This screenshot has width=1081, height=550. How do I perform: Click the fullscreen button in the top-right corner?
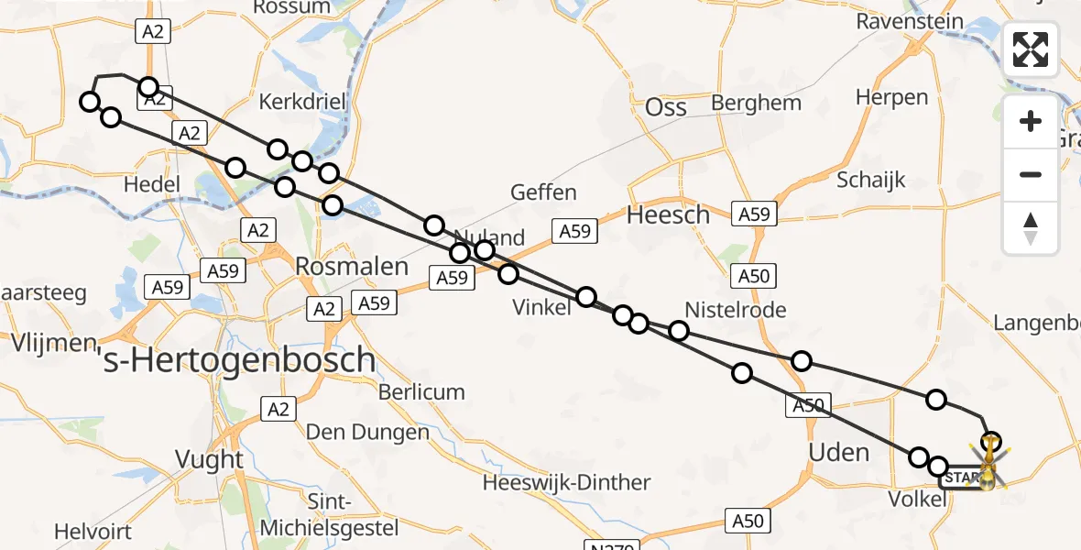click(1031, 49)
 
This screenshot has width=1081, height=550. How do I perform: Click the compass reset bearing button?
click(1031, 227)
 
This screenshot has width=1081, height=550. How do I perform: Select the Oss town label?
click(666, 107)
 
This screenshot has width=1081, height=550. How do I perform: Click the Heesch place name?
click(668, 215)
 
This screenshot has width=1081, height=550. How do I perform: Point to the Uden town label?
click(839, 452)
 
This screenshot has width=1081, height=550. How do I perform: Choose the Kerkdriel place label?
click(303, 101)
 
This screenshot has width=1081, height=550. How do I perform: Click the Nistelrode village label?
click(736, 310)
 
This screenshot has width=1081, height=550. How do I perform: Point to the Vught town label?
click(211, 459)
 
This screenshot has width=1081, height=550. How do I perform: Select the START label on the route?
click(960, 478)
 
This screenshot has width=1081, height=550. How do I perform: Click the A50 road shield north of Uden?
click(756, 275)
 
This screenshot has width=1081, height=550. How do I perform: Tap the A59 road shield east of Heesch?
click(756, 214)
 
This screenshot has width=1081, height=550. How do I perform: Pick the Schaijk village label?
click(870, 180)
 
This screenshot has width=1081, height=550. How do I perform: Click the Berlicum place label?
click(422, 392)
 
